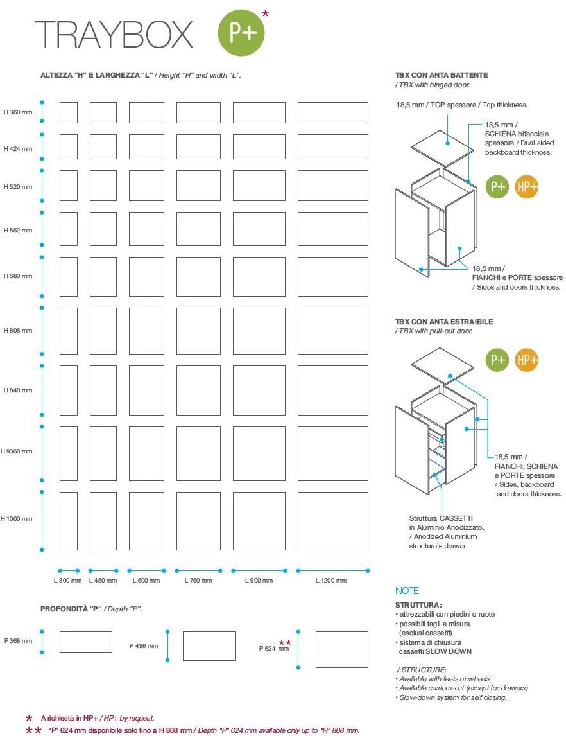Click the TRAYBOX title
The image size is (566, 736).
(x=114, y=34)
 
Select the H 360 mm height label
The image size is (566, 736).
(x=18, y=113)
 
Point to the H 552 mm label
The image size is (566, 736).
(x=18, y=229)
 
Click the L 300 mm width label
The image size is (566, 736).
(x=67, y=581)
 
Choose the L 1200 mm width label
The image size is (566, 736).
(x=331, y=581)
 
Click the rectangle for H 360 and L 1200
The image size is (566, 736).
(x=332, y=112)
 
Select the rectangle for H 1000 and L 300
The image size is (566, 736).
(x=69, y=521)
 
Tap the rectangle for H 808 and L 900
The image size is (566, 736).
(x=259, y=331)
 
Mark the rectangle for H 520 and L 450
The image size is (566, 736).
(x=103, y=186)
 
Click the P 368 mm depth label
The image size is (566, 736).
(x=18, y=640)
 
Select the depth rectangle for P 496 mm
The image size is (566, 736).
(x=209, y=646)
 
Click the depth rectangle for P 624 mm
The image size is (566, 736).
(x=341, y=649)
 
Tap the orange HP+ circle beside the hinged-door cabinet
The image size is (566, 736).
(x=527, y=187)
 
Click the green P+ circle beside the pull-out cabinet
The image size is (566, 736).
(x=498, y=360)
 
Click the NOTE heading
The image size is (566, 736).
(x=407, y=591)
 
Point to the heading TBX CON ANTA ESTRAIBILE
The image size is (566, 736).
(x=444, y=322)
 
